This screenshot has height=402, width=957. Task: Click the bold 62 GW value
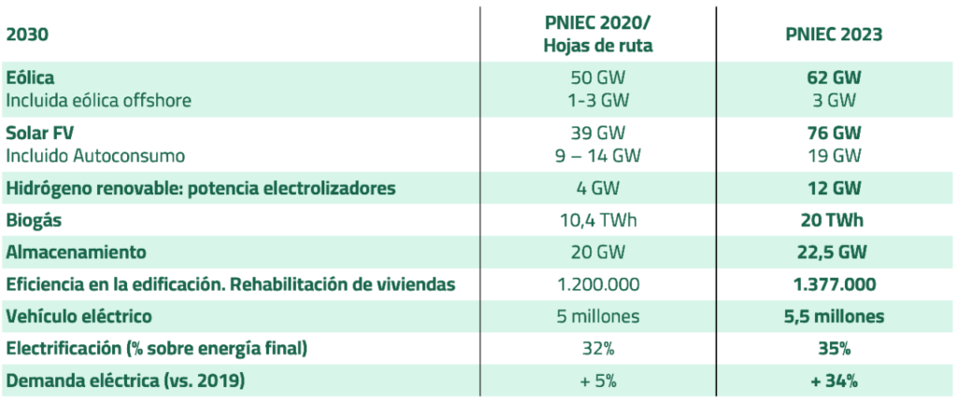[x=835, y=77]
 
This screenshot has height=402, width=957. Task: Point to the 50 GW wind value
[x=597, y=77]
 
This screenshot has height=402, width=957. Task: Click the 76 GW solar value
[x=835, y=134]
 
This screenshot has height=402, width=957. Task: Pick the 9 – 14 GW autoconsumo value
[x=597, y=154]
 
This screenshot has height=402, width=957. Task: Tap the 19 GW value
[x=835, y=154]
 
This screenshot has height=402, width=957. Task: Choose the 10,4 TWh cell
[x=597, y=221]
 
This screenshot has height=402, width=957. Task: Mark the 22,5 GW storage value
[x=835, y=252]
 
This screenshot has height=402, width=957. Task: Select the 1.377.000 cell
[x=835, y=284]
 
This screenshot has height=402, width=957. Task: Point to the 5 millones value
[x=597, y=316]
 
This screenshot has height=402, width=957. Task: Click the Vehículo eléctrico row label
[x=79, y=316]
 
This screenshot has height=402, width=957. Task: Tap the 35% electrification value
[x=835, y=349]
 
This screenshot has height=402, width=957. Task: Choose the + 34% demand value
[x=835, y=380]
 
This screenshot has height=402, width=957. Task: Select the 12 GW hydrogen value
[x=835, y=189]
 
